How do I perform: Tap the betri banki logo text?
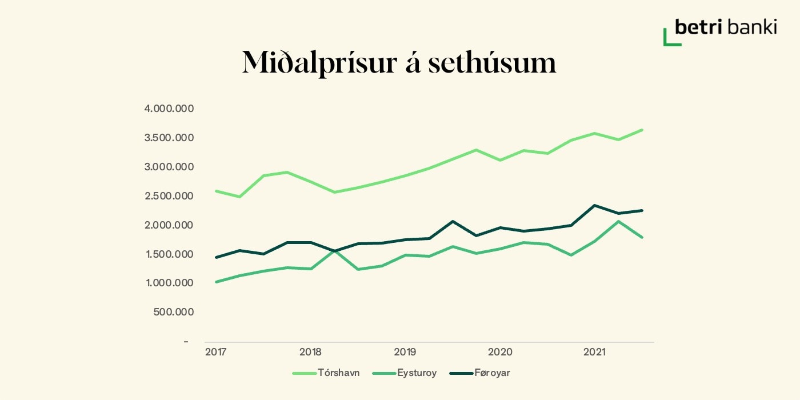click(x=726, y=27)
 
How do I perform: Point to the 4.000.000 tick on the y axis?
click(x=171, y=109)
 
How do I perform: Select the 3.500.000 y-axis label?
click(x=171, y=138)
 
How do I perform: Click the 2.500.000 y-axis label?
click(x=171, y=196)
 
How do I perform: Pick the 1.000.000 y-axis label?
click(x=171, y=283)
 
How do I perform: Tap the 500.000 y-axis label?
click(x=174, y=312)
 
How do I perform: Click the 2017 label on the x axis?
click(x=215, y=353)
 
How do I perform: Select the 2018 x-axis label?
click(x=310, y=353)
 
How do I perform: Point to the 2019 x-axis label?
click(x=405, y=353)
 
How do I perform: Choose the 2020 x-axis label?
click(x=500, y=353)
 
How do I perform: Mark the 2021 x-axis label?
click(x=594, y=353)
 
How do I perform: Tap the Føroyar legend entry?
click(x=492, y=373)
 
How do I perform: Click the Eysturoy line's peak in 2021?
click(x=618, y=221)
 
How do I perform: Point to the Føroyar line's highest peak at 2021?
click(x=595, y=205)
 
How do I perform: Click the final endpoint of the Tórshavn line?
click(x=642, y=130)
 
